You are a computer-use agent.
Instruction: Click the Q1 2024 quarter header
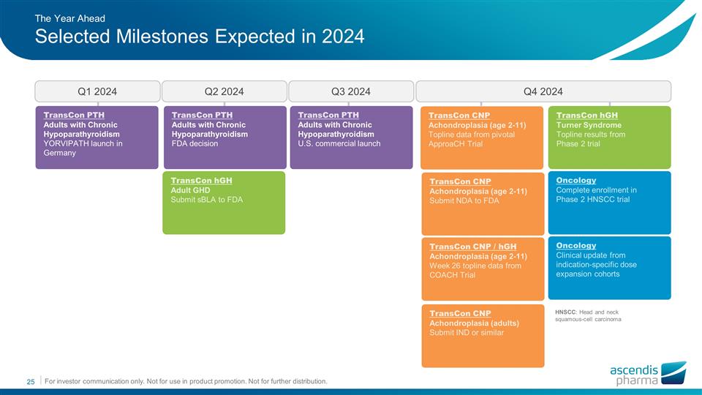(97, 91)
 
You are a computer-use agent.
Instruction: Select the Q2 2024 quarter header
(224, 91)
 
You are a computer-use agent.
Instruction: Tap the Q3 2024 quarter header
(351, 91)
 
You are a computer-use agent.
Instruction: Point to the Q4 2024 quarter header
(543, 91)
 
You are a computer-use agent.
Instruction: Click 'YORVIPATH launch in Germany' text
(83, 148)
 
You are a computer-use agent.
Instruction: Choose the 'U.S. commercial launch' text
(339, 144)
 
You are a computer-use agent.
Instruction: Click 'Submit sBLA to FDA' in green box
(206, 200)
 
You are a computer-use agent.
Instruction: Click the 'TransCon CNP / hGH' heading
(473, 247)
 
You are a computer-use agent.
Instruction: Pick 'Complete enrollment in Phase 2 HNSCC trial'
(596, 195)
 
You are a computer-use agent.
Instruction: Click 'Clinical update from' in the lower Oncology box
(591, 255)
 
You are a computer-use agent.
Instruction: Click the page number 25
(31, 382)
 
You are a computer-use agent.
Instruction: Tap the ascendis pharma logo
(648, 374)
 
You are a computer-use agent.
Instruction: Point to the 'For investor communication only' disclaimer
(186, 382)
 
